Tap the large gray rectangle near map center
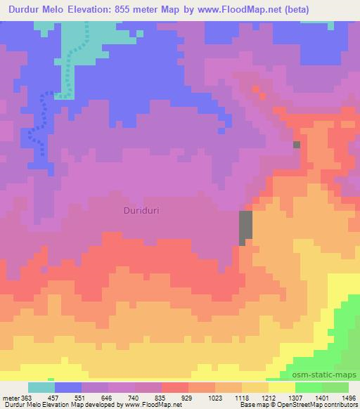click(246, 227)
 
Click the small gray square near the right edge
click(297, 144)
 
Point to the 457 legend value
click(63, 397)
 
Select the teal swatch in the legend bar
click(41, 387)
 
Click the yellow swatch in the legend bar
click(281, 387)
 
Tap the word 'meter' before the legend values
click(10, 397)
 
